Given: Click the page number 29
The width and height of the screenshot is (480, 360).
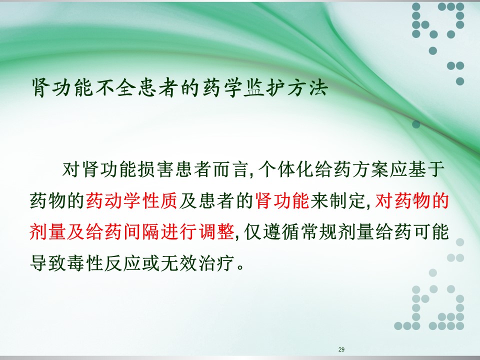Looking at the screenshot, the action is pyautogui.click(x=341, y=349).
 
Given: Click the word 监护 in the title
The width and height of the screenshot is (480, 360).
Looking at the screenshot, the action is pyautogui.click(x=264, y=88).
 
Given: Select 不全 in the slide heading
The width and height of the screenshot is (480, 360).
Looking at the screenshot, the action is pyautogui.click(x=115, y=88).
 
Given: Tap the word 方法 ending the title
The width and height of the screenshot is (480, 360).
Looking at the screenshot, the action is pyautogui.click(x=307, y=88).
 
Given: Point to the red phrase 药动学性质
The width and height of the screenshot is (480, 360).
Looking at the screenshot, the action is pyautogui.click(x=131, y=201).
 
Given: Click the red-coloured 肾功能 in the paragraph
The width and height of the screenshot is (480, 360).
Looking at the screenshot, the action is pyautogui.click(x=282, y=201).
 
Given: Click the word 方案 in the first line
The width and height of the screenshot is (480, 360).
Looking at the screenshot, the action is pyautogui.click(x=370, y=169).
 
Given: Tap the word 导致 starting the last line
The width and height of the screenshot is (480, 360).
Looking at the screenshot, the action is pyautogui.click(x=47, y=263).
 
